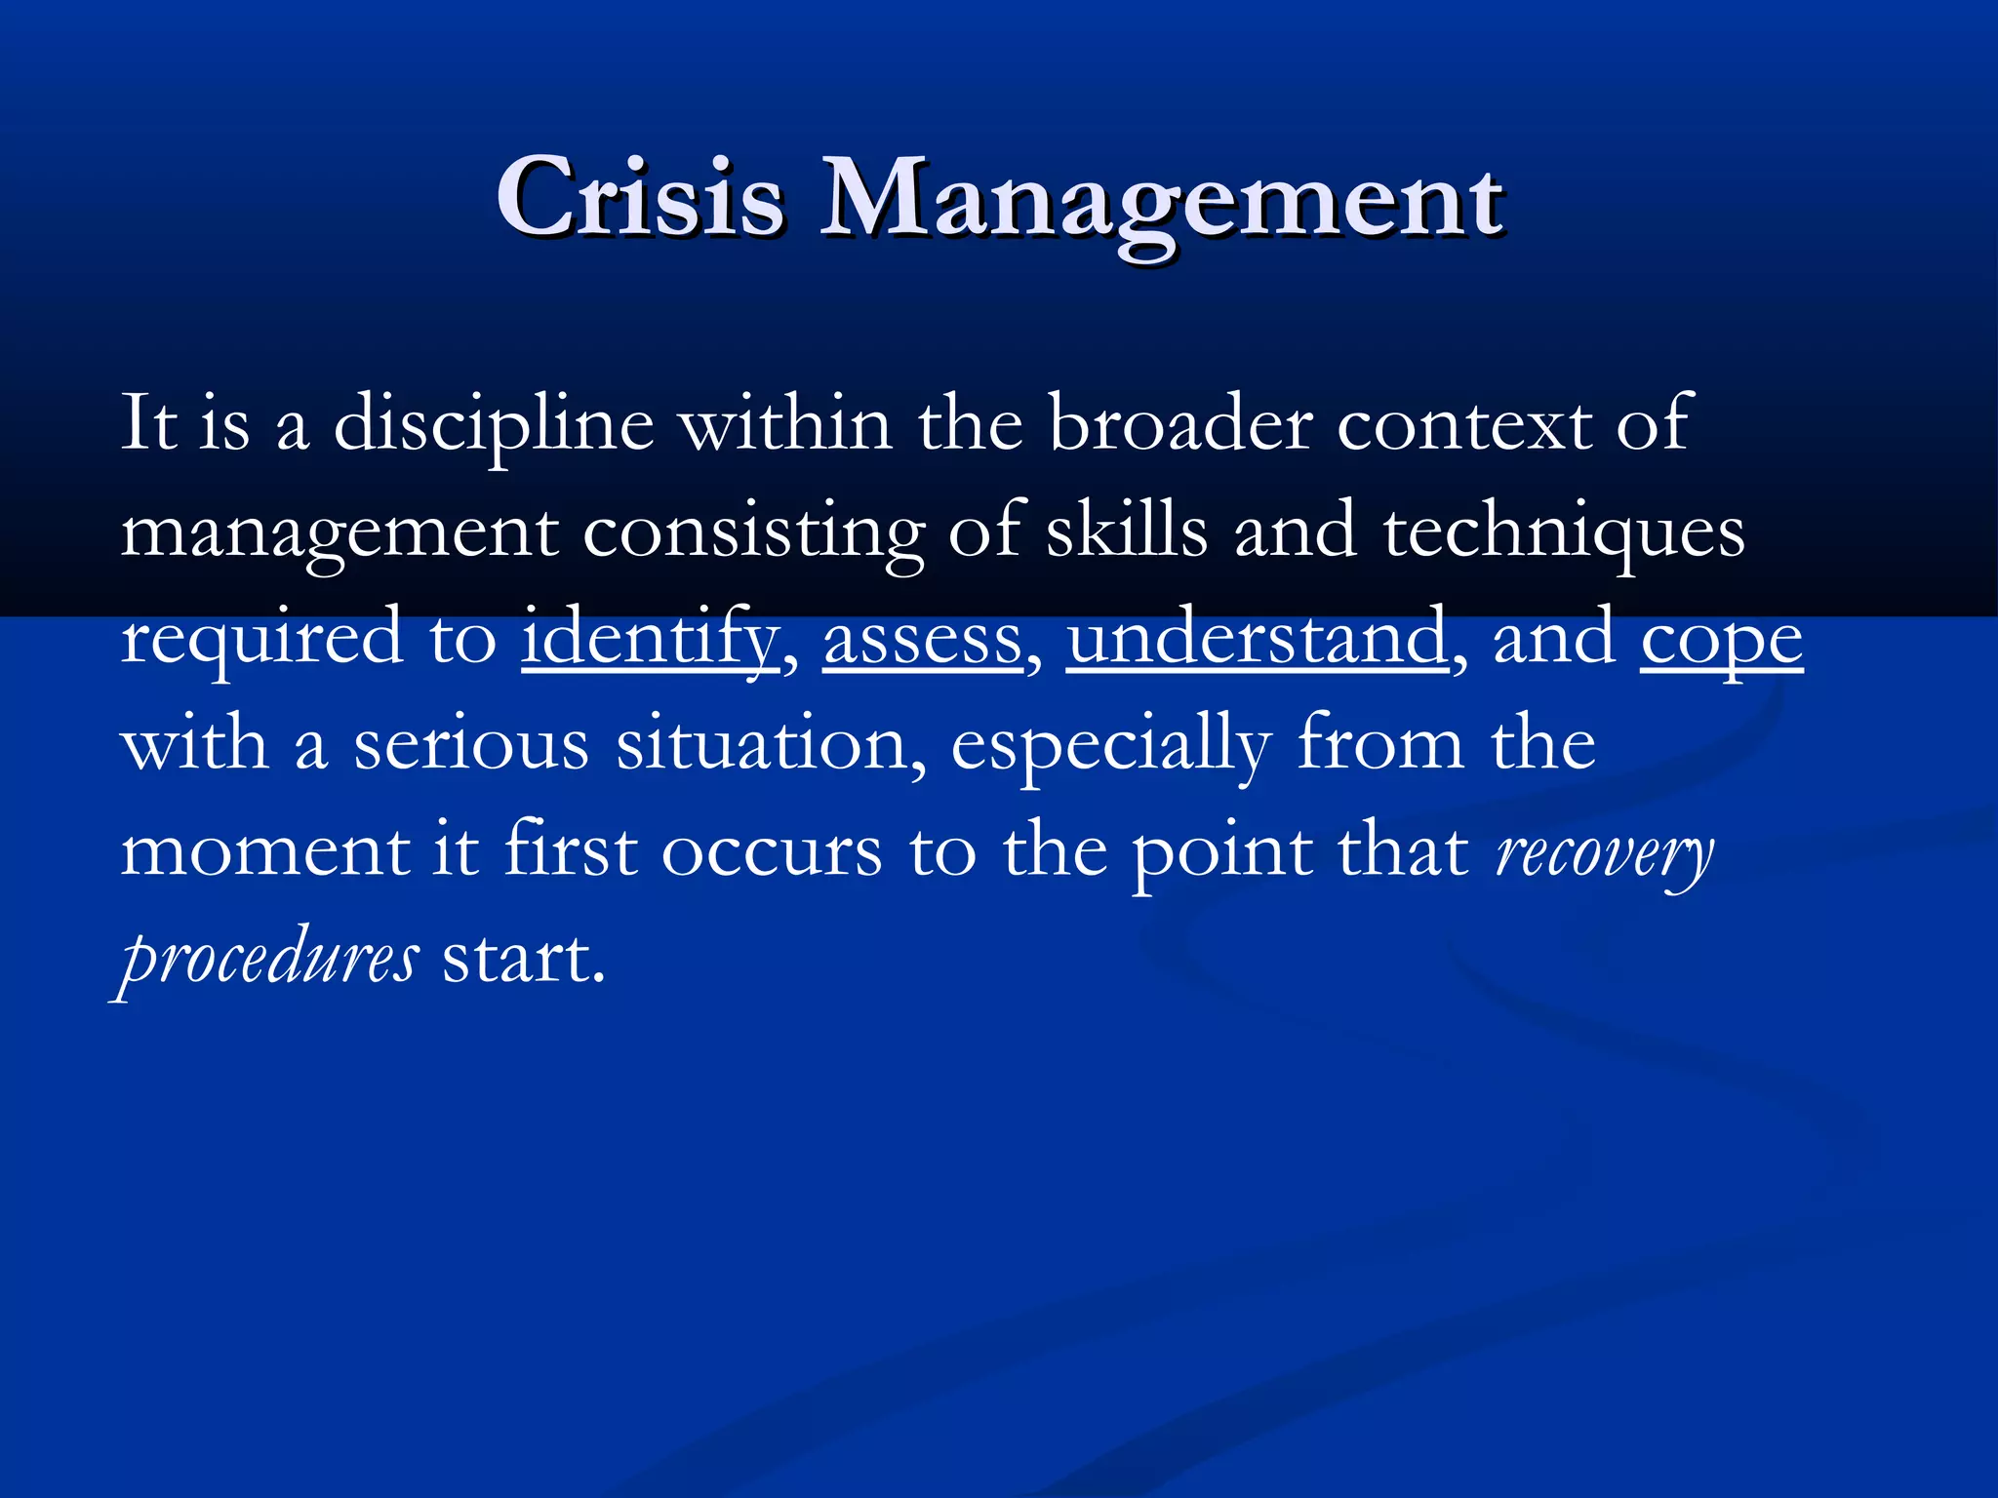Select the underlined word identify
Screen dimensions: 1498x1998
(650, 639)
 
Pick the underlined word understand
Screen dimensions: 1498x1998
(1257, 639)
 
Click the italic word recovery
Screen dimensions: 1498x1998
(1604, 853)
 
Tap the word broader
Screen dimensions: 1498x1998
(1179, 424)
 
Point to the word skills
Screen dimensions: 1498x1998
(1126, 532)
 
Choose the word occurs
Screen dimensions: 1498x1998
(772, 853)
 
